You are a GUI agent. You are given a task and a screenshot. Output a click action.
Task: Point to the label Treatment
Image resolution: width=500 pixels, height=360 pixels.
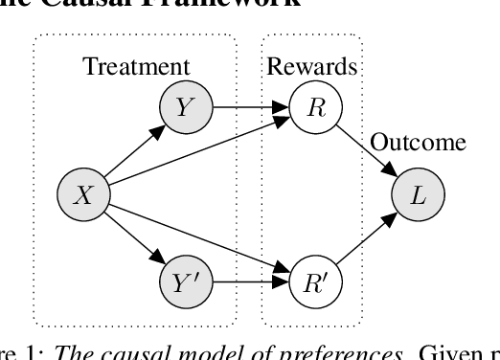point(136,67)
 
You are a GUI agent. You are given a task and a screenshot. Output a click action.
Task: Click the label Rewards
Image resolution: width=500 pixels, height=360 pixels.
point(312,67)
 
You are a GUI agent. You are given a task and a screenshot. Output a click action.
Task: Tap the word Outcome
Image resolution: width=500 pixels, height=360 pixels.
point(418,144)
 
